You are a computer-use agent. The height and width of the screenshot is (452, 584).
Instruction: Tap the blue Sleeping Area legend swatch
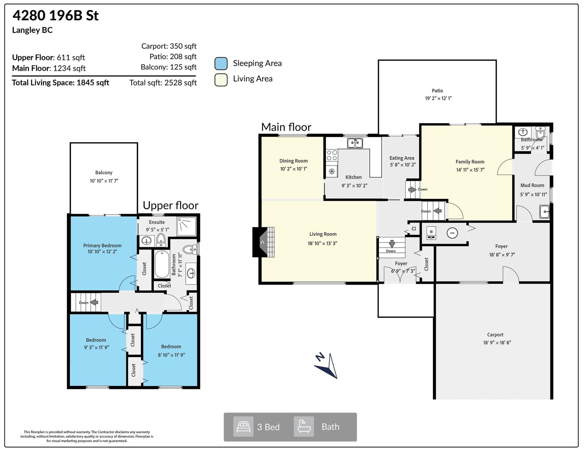(x=221, y=64)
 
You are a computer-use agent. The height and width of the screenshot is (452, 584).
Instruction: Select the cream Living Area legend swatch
(x=221, y=80)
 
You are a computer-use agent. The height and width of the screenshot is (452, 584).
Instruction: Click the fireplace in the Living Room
(x=263, y=242)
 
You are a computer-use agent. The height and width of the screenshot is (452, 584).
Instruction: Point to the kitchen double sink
(x=355, y=143)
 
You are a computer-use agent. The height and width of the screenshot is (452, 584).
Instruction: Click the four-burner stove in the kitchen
(x=332, y=155)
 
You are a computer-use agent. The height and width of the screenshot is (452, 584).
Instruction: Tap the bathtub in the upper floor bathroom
(x=162, y=264)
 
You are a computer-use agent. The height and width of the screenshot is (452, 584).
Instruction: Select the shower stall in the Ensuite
(x=187, y=226)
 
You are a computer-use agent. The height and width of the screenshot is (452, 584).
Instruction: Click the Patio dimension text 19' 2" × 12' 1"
(x=438, y=98)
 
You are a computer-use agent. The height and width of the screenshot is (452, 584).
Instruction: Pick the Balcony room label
(x=104, y=172)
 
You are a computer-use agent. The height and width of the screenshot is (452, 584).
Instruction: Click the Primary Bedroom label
(x=103, y=246)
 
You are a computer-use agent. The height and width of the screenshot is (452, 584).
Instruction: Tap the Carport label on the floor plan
(x=495, y=335)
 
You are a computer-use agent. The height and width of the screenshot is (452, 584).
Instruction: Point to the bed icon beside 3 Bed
(x=243, y=427)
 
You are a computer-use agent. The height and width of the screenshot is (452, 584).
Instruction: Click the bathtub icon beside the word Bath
(x=304, y=427)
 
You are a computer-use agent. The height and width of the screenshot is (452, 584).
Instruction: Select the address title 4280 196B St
(x=55, y=15)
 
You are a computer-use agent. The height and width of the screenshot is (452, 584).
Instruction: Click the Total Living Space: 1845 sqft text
(x=61, y=83)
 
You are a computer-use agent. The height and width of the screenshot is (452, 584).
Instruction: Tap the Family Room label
(x=470, y=162)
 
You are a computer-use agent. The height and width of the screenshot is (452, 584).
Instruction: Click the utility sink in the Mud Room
(x=545, y=212)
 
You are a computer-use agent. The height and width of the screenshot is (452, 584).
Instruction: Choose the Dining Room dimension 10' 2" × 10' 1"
(x=293, y=169)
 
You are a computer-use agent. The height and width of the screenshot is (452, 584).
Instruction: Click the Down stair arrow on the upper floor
(x=94, y=303)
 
